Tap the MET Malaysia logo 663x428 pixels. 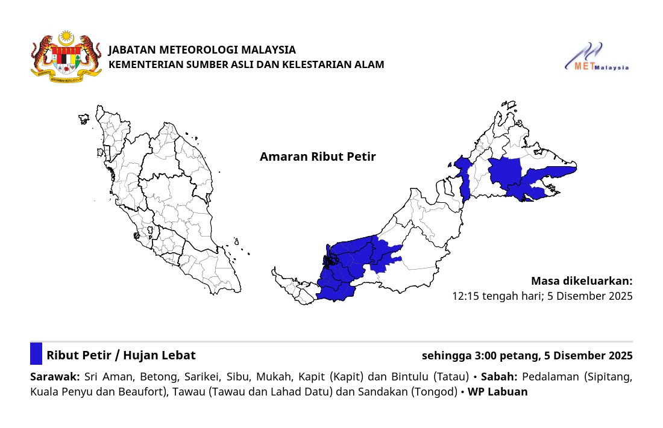click(597, 58)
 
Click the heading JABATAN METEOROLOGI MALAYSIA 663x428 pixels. click(202, 50)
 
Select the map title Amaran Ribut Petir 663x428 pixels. click(318, 157)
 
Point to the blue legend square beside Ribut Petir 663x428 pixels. click(36, 353)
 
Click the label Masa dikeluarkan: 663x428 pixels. click(582, 281)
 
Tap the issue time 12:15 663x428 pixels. click(465, 296)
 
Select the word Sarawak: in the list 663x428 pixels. click(55, 377)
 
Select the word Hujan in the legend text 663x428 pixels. click(143, 356)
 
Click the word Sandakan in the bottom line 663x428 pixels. click(383, 392)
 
